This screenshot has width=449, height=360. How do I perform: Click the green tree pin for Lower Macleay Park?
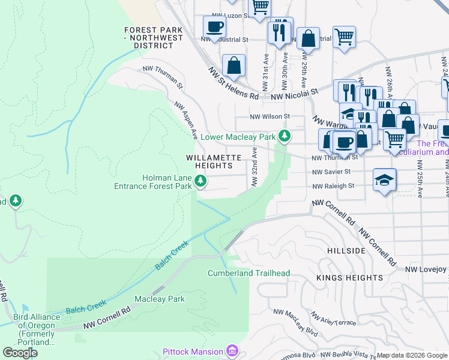[285, 137]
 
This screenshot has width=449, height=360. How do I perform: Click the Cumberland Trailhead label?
[249, 273]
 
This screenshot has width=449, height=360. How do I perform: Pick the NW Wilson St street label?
[270, 116]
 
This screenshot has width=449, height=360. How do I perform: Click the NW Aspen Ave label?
[186, 121]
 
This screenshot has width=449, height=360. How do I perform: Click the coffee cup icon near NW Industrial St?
[214, 27]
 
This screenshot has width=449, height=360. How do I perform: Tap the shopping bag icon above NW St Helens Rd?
[233, 66]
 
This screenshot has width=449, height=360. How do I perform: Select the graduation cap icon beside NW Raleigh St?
[384, 180]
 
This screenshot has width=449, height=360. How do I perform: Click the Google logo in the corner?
[20, 352]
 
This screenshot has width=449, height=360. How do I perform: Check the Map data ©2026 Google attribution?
[411, 355]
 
